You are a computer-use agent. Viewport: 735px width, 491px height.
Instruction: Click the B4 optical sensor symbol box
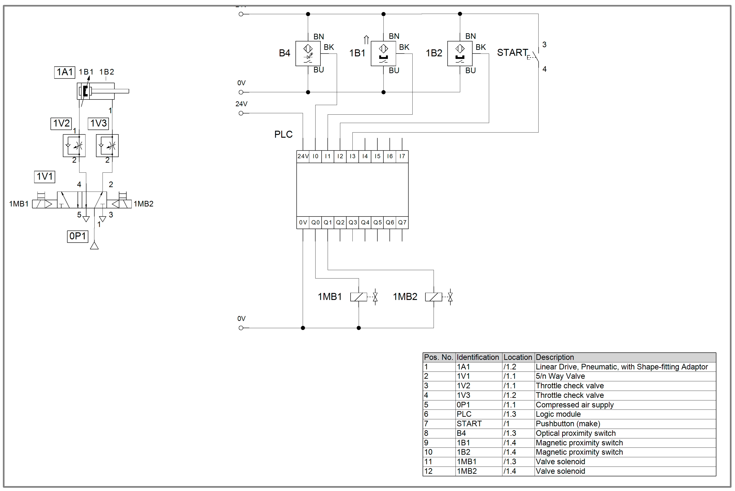[x=308, y=54]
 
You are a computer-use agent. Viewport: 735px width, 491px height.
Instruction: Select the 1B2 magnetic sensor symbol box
[x=460, y=54]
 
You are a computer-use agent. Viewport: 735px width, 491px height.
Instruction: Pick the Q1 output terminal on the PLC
[x=328, y=223]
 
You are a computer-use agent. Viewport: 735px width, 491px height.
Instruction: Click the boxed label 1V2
[x=61, y=123]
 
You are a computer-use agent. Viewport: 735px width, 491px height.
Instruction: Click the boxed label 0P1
[x=77, y=236]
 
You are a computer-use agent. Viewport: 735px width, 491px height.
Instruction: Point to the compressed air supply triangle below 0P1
[x=94, y=246]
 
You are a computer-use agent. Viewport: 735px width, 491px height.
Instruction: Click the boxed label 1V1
[x=44, y=177]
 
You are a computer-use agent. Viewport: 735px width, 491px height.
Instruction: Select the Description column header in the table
[x=555, y=357]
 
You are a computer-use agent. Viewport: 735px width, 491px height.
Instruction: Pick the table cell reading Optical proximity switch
[x=576, y=433]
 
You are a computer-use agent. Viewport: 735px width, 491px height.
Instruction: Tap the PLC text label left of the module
[x=283, y=134]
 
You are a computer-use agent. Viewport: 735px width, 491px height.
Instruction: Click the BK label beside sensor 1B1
[x=404, y=47]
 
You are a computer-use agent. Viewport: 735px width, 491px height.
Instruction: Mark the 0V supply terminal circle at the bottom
[x=241, y=328]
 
